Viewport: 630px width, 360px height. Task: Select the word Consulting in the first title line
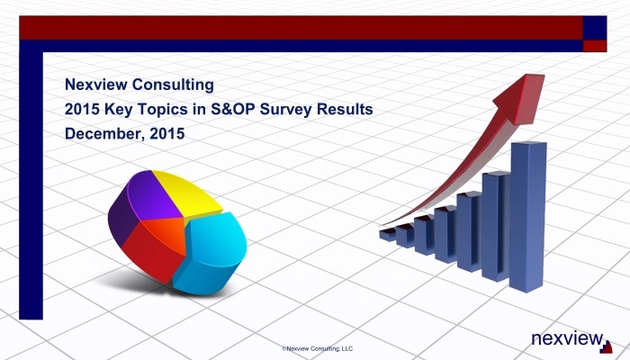pos(173,85)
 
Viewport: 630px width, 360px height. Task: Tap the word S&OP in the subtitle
pos(233,109)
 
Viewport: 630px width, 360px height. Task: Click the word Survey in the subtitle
pos(285,110)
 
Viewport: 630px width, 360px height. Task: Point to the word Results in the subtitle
pos(345,109)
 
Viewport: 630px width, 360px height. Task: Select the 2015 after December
pos(167,133)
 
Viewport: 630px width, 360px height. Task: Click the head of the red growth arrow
pos(521,97)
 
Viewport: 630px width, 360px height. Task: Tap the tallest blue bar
pos(527,216)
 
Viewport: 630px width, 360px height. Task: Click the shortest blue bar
pos(388,235)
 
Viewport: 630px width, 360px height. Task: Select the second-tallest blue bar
pos(496,226)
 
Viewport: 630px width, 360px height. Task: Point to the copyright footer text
pos(318,349)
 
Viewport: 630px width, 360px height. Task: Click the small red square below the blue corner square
pos(595,46)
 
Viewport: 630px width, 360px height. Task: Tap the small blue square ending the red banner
pos(595,28)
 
